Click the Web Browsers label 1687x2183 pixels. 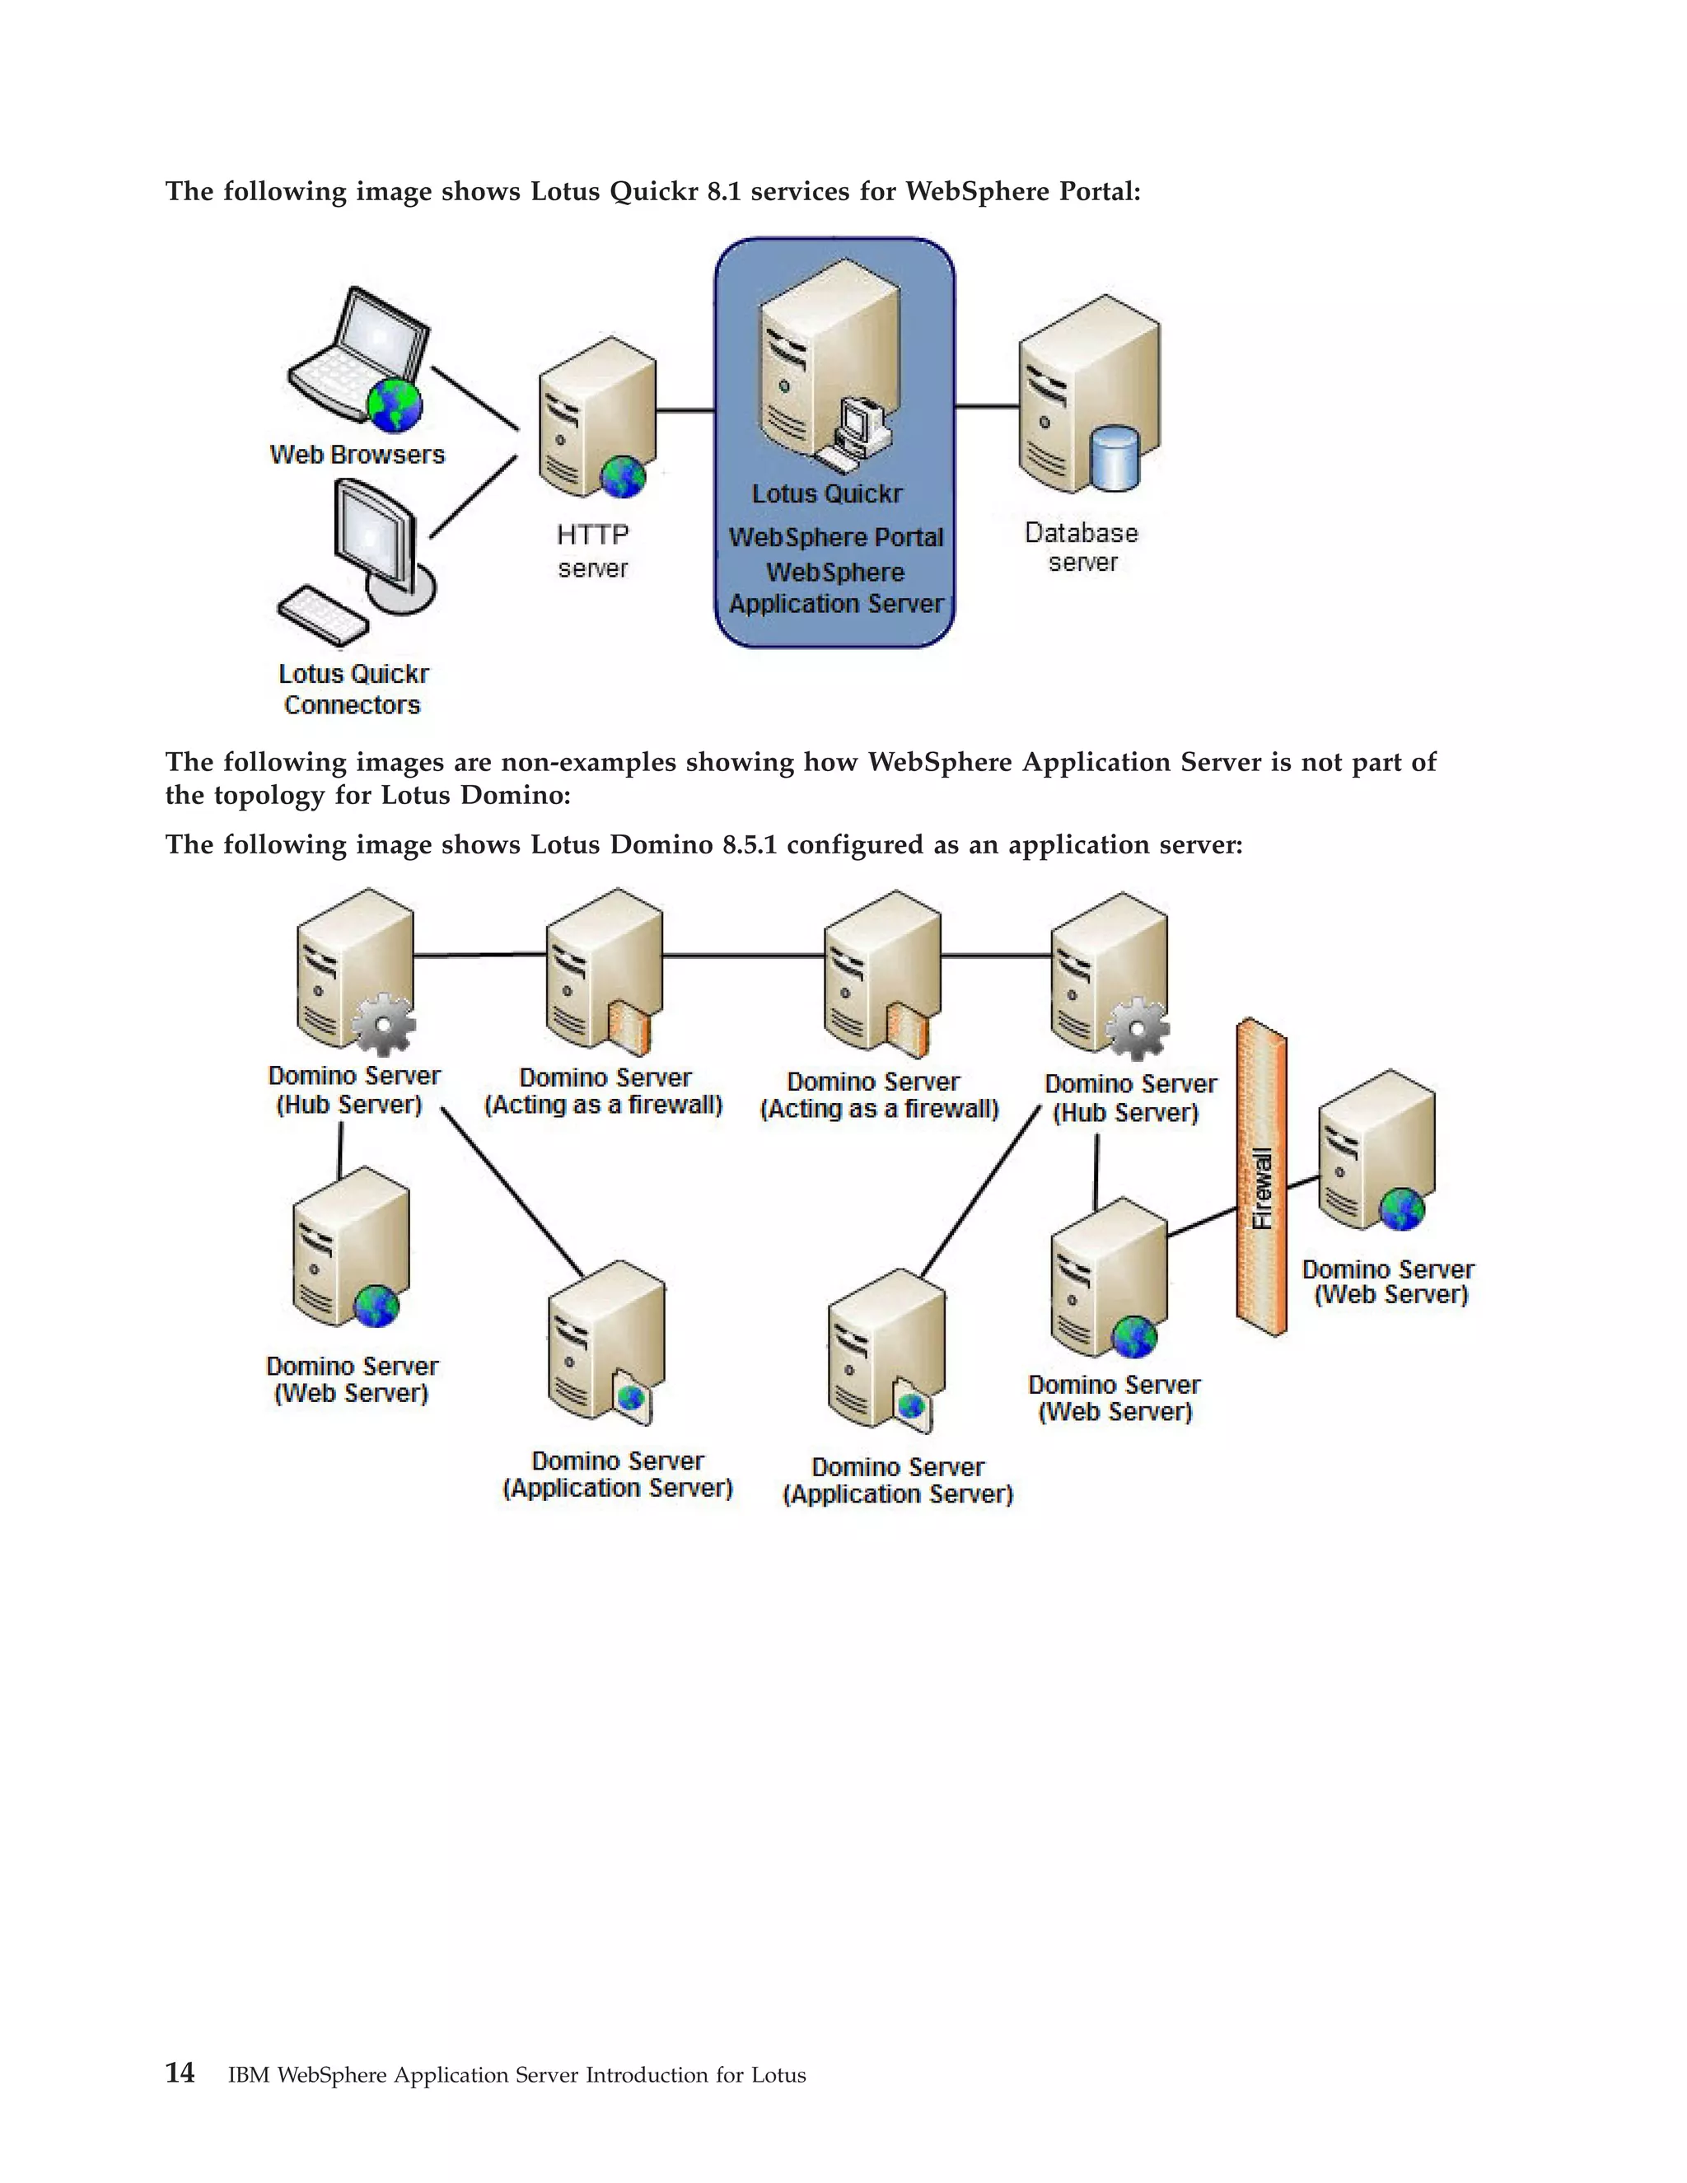tap(357, 455)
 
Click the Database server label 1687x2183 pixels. tap(1082, 547)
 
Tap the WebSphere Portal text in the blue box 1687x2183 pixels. tap(835, 538)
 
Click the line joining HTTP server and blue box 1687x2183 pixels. tap(685, 409)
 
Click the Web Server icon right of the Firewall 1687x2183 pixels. tap(1377, 1149)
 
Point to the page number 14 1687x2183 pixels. tap(180, 2073)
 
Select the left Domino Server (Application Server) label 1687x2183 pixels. tap(618, 1475)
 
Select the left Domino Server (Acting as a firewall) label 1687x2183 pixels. tap(604, 1091)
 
